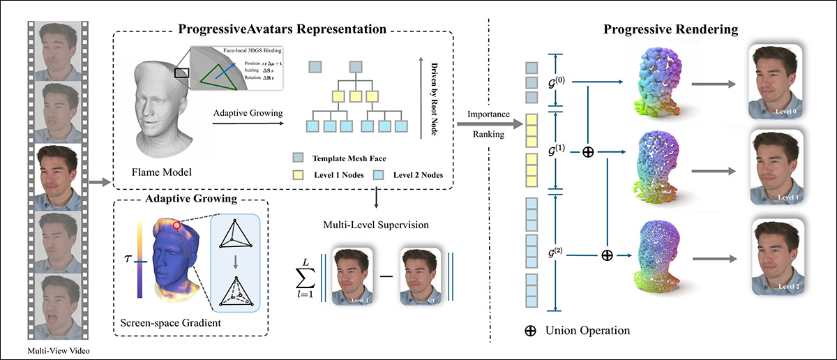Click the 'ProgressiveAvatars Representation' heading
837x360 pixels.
coord(282,30)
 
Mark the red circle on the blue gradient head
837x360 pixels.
coord(178,225)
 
